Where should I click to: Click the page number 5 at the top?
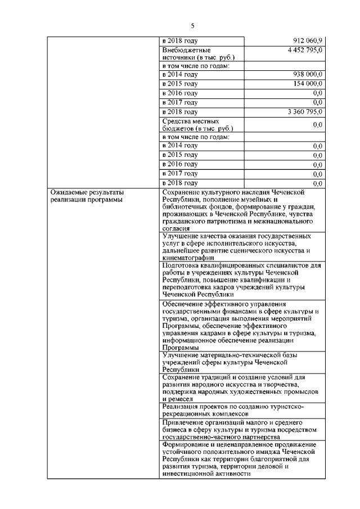click(x=192, y=26)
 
